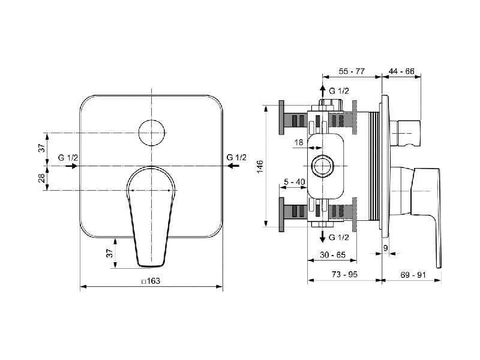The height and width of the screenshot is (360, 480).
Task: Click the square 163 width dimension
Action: pos(151,281)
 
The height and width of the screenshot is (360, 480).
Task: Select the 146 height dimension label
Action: pos(260,166)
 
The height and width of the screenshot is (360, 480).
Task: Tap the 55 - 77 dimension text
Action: pos(352,71)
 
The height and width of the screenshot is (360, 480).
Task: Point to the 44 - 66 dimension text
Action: pos(401,71)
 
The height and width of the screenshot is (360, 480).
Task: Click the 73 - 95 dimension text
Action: pos(344,274)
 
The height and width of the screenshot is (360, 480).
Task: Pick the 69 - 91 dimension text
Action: pos(413,275)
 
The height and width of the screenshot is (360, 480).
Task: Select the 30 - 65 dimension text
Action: pos(332,254)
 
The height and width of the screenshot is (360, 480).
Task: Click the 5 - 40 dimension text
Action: pos(295,182)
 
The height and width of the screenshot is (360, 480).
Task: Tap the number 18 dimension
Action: pos(298,142)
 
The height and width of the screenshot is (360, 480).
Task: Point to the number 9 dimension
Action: pos(385,248)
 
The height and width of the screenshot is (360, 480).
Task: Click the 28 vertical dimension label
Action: pos(42,178)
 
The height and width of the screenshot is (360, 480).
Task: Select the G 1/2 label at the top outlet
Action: pos(338,91)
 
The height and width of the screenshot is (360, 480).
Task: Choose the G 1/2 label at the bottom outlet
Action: pos(338,237)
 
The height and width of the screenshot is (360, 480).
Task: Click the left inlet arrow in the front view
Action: pos(71,166)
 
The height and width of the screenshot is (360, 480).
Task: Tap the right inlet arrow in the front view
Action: pos(233,166)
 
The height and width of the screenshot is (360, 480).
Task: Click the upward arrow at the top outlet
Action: pos(322,91)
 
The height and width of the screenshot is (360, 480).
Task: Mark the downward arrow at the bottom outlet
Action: pos(322,236)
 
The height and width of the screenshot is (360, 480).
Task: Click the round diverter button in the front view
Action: pos(152,133)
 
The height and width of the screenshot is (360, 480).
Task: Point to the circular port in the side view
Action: pos(322,166)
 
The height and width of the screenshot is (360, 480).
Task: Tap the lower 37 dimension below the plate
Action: pos(109,253)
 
